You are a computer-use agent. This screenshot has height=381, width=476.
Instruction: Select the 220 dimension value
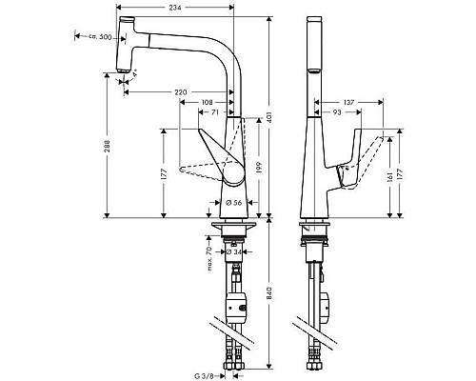pyautogui.click(x=179, y=91)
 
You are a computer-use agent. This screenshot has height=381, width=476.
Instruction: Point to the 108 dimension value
pyautogui.click(x=208, y=102)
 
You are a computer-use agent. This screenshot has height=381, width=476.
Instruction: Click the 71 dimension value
pyautogui.click(x=216, y=112)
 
